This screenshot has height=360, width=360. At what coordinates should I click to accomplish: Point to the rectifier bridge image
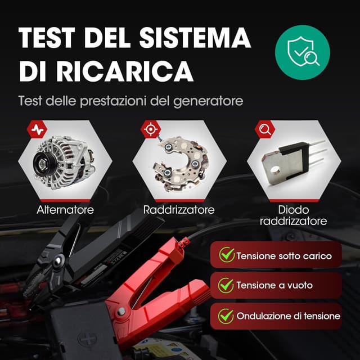coord(178,160)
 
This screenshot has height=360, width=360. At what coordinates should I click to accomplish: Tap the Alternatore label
coord(65,210)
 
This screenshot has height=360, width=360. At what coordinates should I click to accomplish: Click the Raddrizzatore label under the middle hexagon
coord(179,210)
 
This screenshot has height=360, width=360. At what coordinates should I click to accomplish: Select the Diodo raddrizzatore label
coord(294,215)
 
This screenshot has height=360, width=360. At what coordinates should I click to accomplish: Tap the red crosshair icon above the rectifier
coord(150,129)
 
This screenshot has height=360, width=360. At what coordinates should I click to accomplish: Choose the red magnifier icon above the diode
coord(264,129)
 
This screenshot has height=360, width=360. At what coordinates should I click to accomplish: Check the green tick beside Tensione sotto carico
coord(227,255)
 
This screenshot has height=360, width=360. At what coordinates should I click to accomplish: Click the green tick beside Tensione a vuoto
coord(227,286)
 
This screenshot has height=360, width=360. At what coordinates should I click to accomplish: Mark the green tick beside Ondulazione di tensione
coord(227,316)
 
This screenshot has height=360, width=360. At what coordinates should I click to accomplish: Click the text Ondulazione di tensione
coord(288,316)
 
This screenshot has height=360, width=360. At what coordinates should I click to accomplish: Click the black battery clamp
coord(84,253)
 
